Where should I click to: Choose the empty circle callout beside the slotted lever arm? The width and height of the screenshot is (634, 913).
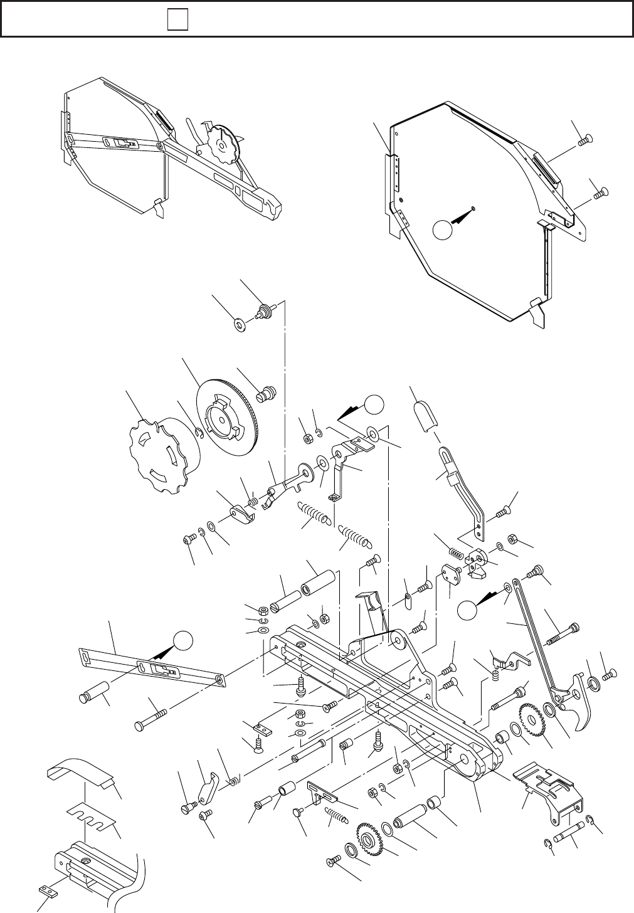pyautogui.click(x=182, y=641)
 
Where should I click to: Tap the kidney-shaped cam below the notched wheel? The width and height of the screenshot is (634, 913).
pyautogui.click(x=240, y=514)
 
